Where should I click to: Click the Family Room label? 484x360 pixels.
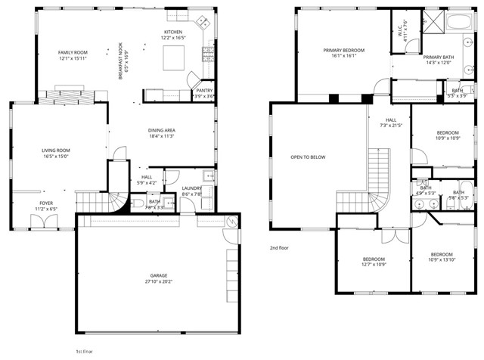click(x=74, y=52)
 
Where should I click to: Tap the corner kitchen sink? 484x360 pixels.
click(x=203, y=21)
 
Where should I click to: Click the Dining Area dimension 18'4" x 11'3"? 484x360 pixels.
click(x=161, y=137)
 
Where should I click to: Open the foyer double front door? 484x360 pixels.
click(x=42, y=222)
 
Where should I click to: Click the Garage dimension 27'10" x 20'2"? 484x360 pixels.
click(x=158, y=281)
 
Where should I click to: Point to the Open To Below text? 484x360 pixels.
click(x=308, y=157)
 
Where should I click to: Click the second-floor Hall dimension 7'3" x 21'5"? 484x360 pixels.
click(x=390, y=126)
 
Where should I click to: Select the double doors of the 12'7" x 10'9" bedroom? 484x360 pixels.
click(x=389, y=234)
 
